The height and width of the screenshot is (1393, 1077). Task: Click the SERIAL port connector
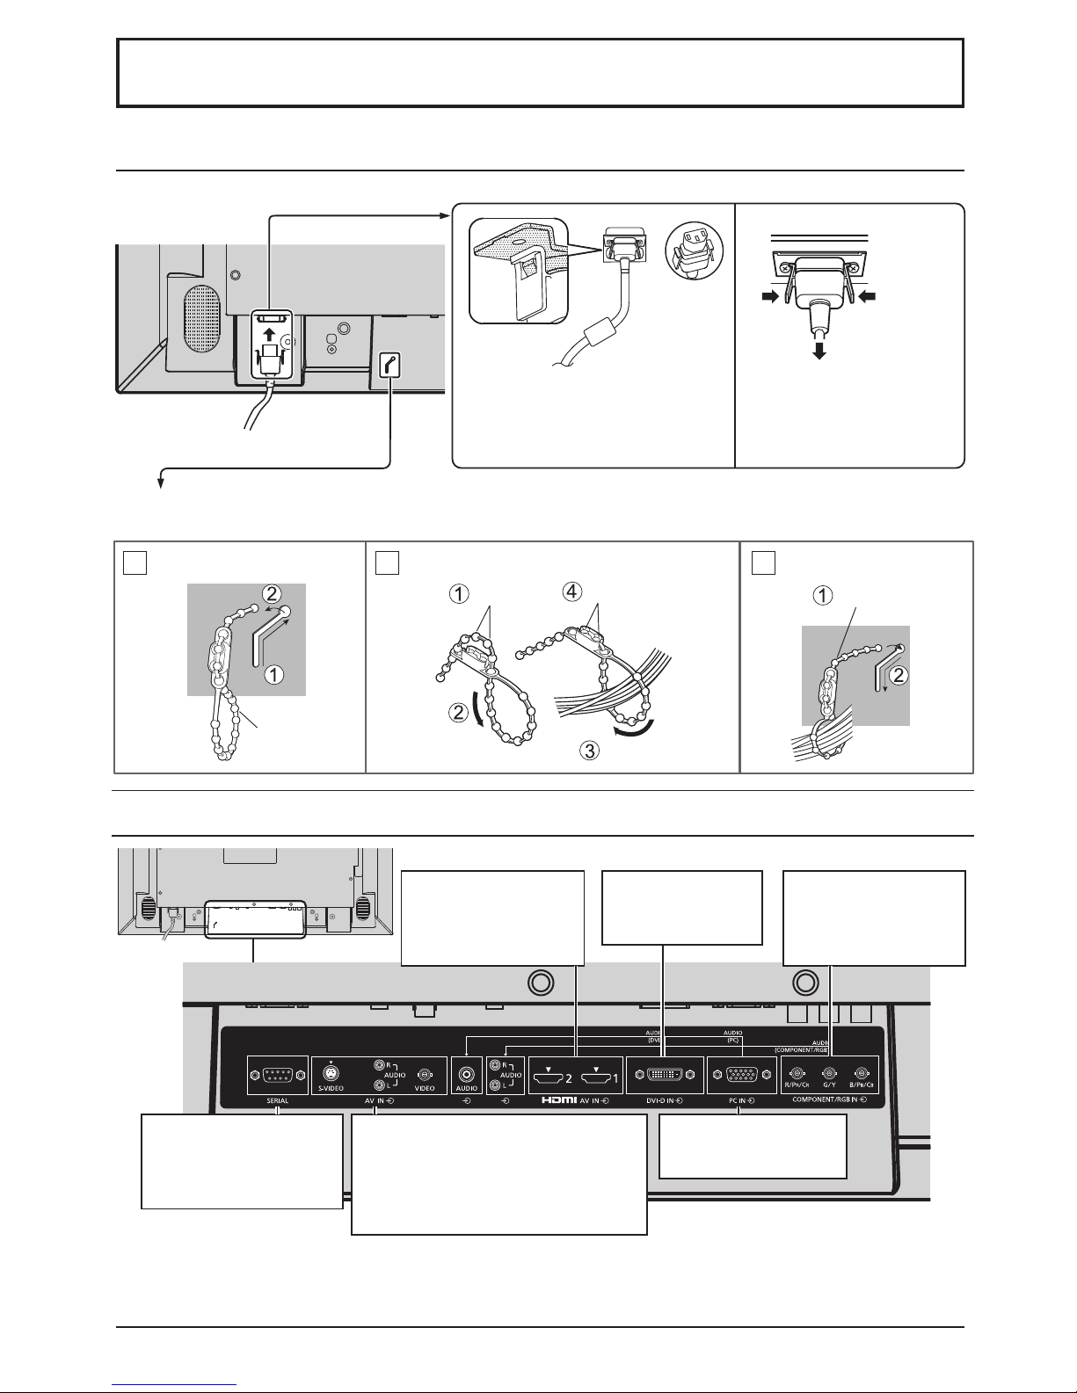pyautogui.click(x=278, y=1075)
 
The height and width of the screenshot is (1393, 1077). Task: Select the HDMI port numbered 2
pyautogui.click(x=550, y=1074)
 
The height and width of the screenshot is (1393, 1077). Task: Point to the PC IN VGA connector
pyautogui.click(x=737, y=1075)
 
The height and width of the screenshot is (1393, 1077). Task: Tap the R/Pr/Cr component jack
pyautogui.click(x=797, y=1072)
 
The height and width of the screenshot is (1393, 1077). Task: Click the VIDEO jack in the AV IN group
pyautogui.click(x=425, y=1075)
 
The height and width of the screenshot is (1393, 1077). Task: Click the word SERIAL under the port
pyautogui.click(x=278, y=1100)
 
